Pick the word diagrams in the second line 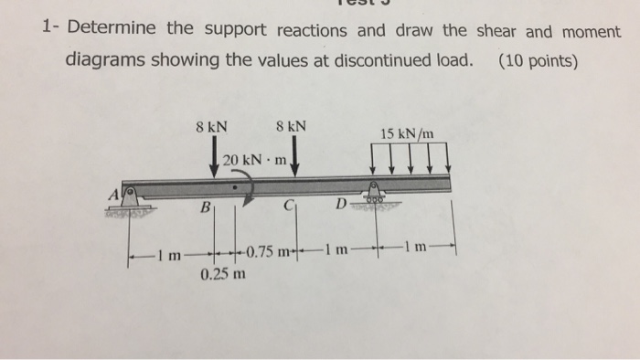[101, 62]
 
